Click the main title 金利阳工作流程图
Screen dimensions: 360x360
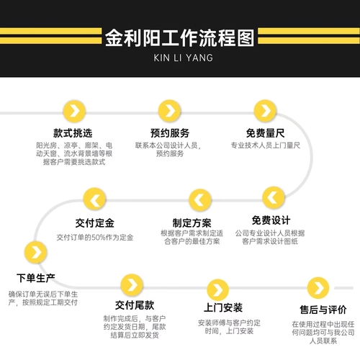click(179, 38)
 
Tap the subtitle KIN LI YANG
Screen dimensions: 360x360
click(184, 58)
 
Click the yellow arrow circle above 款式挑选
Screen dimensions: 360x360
click(74, 112)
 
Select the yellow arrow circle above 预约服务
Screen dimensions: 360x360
click(169, 111)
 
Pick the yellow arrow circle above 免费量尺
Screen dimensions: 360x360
click(265, 111)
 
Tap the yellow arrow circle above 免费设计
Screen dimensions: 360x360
click(274, 197)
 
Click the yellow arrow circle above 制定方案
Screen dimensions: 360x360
click(200, 200)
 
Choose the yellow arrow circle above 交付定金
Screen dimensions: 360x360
click(94, 199)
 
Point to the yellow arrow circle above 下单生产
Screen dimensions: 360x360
click(36, 253)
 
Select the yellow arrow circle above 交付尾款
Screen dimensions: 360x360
click(132, 285)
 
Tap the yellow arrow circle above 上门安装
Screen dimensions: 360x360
click(218, 290)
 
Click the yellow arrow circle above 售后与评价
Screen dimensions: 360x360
click(318, 288)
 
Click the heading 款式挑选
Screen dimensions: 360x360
click(73, 133)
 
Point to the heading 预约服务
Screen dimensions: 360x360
click(170, 133)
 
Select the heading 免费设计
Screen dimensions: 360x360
click(271, 220)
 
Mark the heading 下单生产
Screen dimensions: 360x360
click(36, 278)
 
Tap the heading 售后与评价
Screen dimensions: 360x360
click(323, 310)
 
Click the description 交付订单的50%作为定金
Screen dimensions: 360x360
click(95, 238)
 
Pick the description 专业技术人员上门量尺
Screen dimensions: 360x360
click(266, 145)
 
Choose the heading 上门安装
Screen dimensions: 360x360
click(223, 307)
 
